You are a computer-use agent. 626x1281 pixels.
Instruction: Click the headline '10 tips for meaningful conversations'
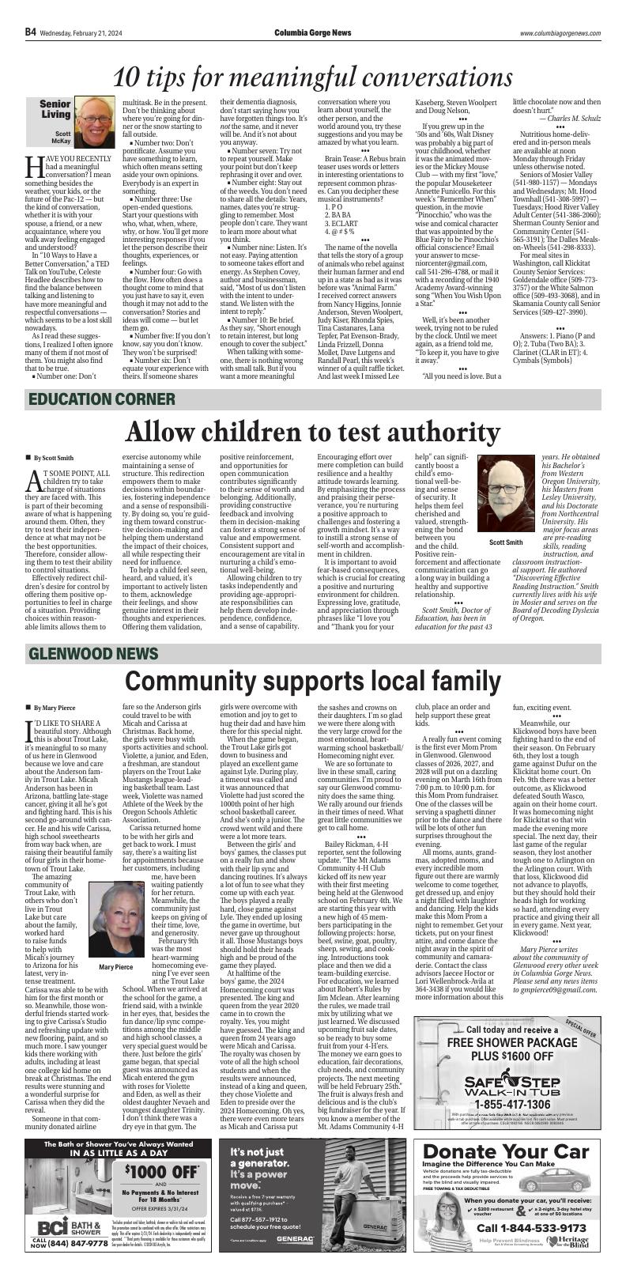[312, 77]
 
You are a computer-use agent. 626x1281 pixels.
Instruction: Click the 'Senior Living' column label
[55, 109]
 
